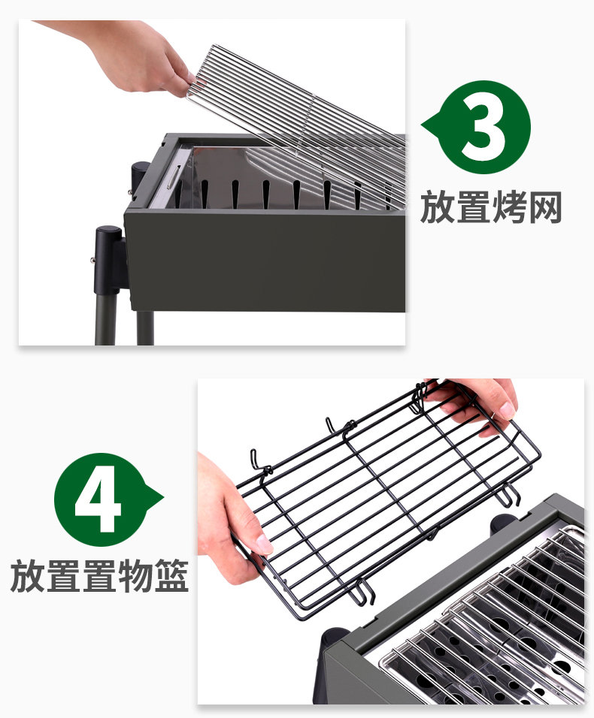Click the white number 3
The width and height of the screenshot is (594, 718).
[484, 128]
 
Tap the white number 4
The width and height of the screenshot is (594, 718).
[98, 499]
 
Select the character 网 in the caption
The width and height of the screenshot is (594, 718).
[545, 208]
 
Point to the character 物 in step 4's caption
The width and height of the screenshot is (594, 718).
[135, 575]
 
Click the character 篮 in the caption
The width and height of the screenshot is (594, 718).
[171, 575]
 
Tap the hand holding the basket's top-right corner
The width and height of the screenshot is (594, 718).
[477, 403]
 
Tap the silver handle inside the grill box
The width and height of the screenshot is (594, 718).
[173, 177]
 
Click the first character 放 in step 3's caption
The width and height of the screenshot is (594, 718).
[437, 207]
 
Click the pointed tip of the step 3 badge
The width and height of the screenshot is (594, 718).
[423, 125]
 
